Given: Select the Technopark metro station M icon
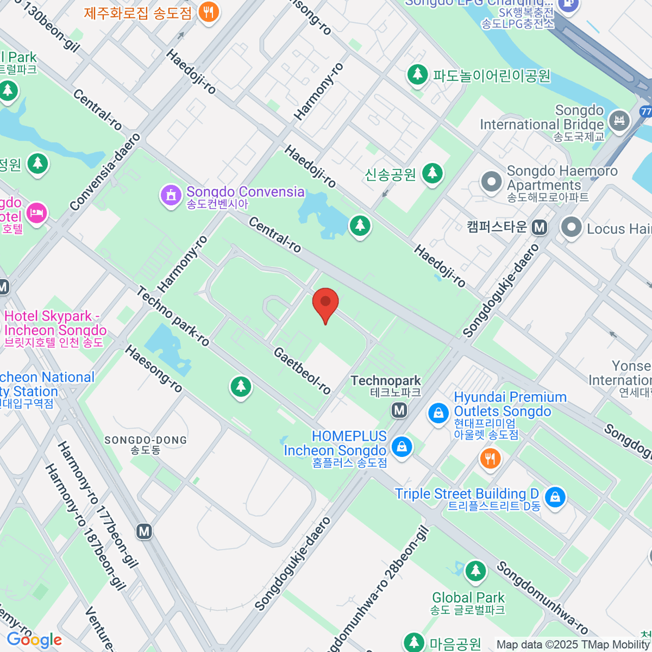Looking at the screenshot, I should click(399, 410).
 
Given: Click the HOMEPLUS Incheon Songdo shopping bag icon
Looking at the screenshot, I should click(402, 448).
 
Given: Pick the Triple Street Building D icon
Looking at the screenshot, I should click(555, 497).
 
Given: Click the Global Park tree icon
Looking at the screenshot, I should click(475, 571).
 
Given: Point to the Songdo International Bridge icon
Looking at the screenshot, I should click(619, 120).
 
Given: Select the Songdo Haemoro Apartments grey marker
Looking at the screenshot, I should click(492, 182).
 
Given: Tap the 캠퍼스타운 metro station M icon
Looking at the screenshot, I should click(540, 227).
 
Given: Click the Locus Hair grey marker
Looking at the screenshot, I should click(571, 228).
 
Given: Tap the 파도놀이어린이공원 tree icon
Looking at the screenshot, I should click(417, 74).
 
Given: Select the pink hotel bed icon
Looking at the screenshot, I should click(36, 212).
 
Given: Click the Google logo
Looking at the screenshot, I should click(34, 640).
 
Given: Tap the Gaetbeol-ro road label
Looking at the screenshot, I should click(302, 371).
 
